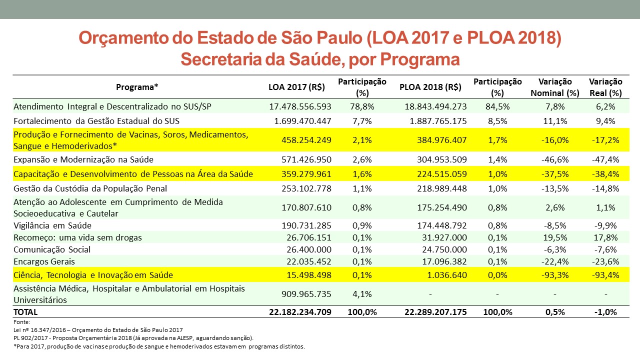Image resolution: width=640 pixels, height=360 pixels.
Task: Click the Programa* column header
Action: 137,87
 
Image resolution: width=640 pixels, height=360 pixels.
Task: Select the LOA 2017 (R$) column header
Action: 296,87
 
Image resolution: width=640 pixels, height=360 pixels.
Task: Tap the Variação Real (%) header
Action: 605,87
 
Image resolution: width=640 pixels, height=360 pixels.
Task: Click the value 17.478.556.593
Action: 300,106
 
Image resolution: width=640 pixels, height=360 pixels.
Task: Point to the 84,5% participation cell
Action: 497,106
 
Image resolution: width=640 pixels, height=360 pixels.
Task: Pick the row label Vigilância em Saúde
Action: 52,225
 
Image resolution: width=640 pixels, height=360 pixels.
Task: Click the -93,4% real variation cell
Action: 605,275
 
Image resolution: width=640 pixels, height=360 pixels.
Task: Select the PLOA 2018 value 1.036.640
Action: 447,275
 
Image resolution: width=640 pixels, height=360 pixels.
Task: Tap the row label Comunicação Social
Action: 52,249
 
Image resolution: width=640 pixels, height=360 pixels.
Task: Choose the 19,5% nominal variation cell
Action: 555,237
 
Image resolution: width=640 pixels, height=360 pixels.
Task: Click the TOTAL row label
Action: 25,312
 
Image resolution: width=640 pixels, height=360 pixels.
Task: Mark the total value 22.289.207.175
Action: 435,312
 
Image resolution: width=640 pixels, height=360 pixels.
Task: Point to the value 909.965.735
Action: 306,294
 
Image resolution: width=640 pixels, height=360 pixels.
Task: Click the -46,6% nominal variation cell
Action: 555,159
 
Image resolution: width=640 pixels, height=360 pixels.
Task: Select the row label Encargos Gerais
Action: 44,261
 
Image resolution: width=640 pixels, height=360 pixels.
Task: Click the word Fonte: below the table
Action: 21,322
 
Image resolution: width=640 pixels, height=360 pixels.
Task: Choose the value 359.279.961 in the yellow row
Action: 306,174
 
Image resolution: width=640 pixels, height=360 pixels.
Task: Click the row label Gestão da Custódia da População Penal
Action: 90,188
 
